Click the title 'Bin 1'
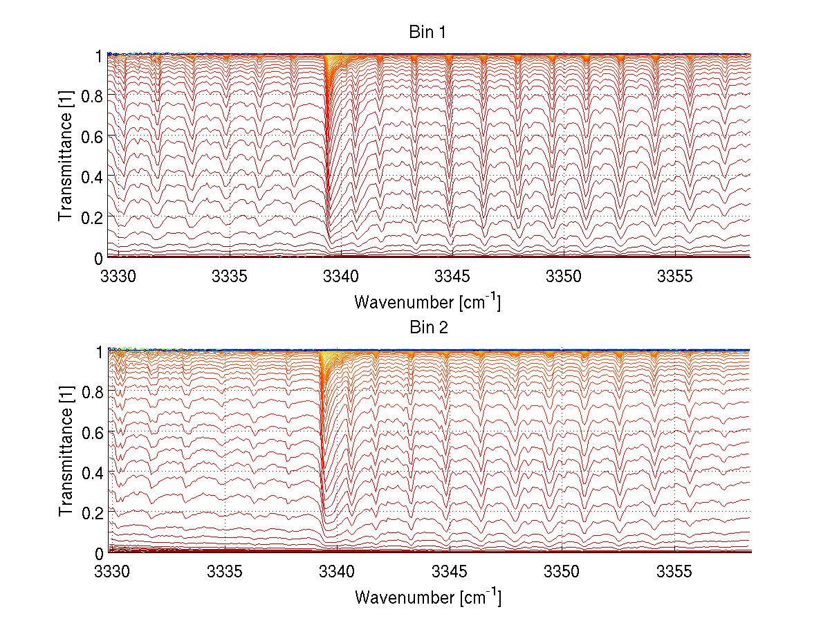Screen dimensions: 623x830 (427, 32)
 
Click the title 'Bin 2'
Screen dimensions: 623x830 (427, 328)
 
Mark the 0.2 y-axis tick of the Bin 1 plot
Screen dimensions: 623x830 (91, 216)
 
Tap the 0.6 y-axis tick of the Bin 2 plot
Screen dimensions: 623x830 (91, 431)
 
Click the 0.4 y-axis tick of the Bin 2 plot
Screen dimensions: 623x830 (91, 472)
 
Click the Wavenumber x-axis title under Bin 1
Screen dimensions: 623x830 (427, 301)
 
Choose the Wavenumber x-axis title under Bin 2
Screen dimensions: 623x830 (427, 597)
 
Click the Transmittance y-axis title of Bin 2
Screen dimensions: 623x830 (66, 452)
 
